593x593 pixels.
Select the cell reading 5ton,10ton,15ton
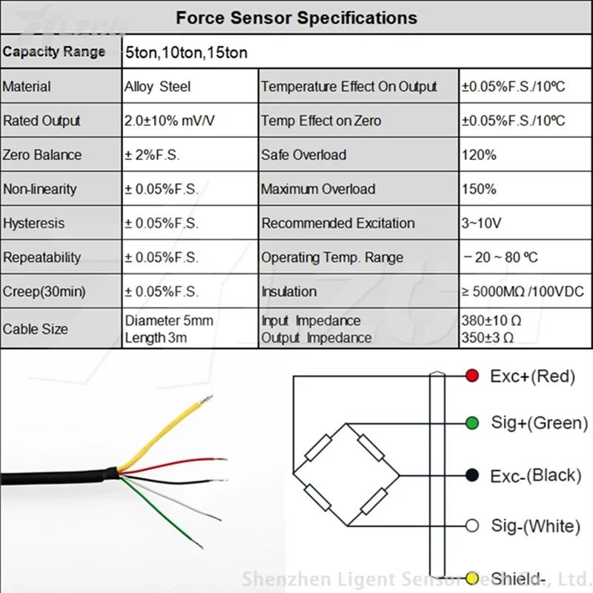[186, 53]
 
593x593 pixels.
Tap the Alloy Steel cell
[157, 87]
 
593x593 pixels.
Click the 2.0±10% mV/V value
[170, 121]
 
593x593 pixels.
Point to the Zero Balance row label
[42, 155]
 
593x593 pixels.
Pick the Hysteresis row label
[34, 223]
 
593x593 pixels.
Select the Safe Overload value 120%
[479, 155]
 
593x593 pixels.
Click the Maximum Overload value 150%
[479, 189]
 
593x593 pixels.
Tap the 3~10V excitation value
[482, 223]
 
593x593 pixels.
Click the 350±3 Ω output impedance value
[488, 337]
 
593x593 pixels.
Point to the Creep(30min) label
[44, 291]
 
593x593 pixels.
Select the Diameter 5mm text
[169, 321]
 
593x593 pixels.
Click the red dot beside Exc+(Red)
[471, 376]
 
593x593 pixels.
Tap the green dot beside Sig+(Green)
[471, 423]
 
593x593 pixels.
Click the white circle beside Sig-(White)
[471, 526]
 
